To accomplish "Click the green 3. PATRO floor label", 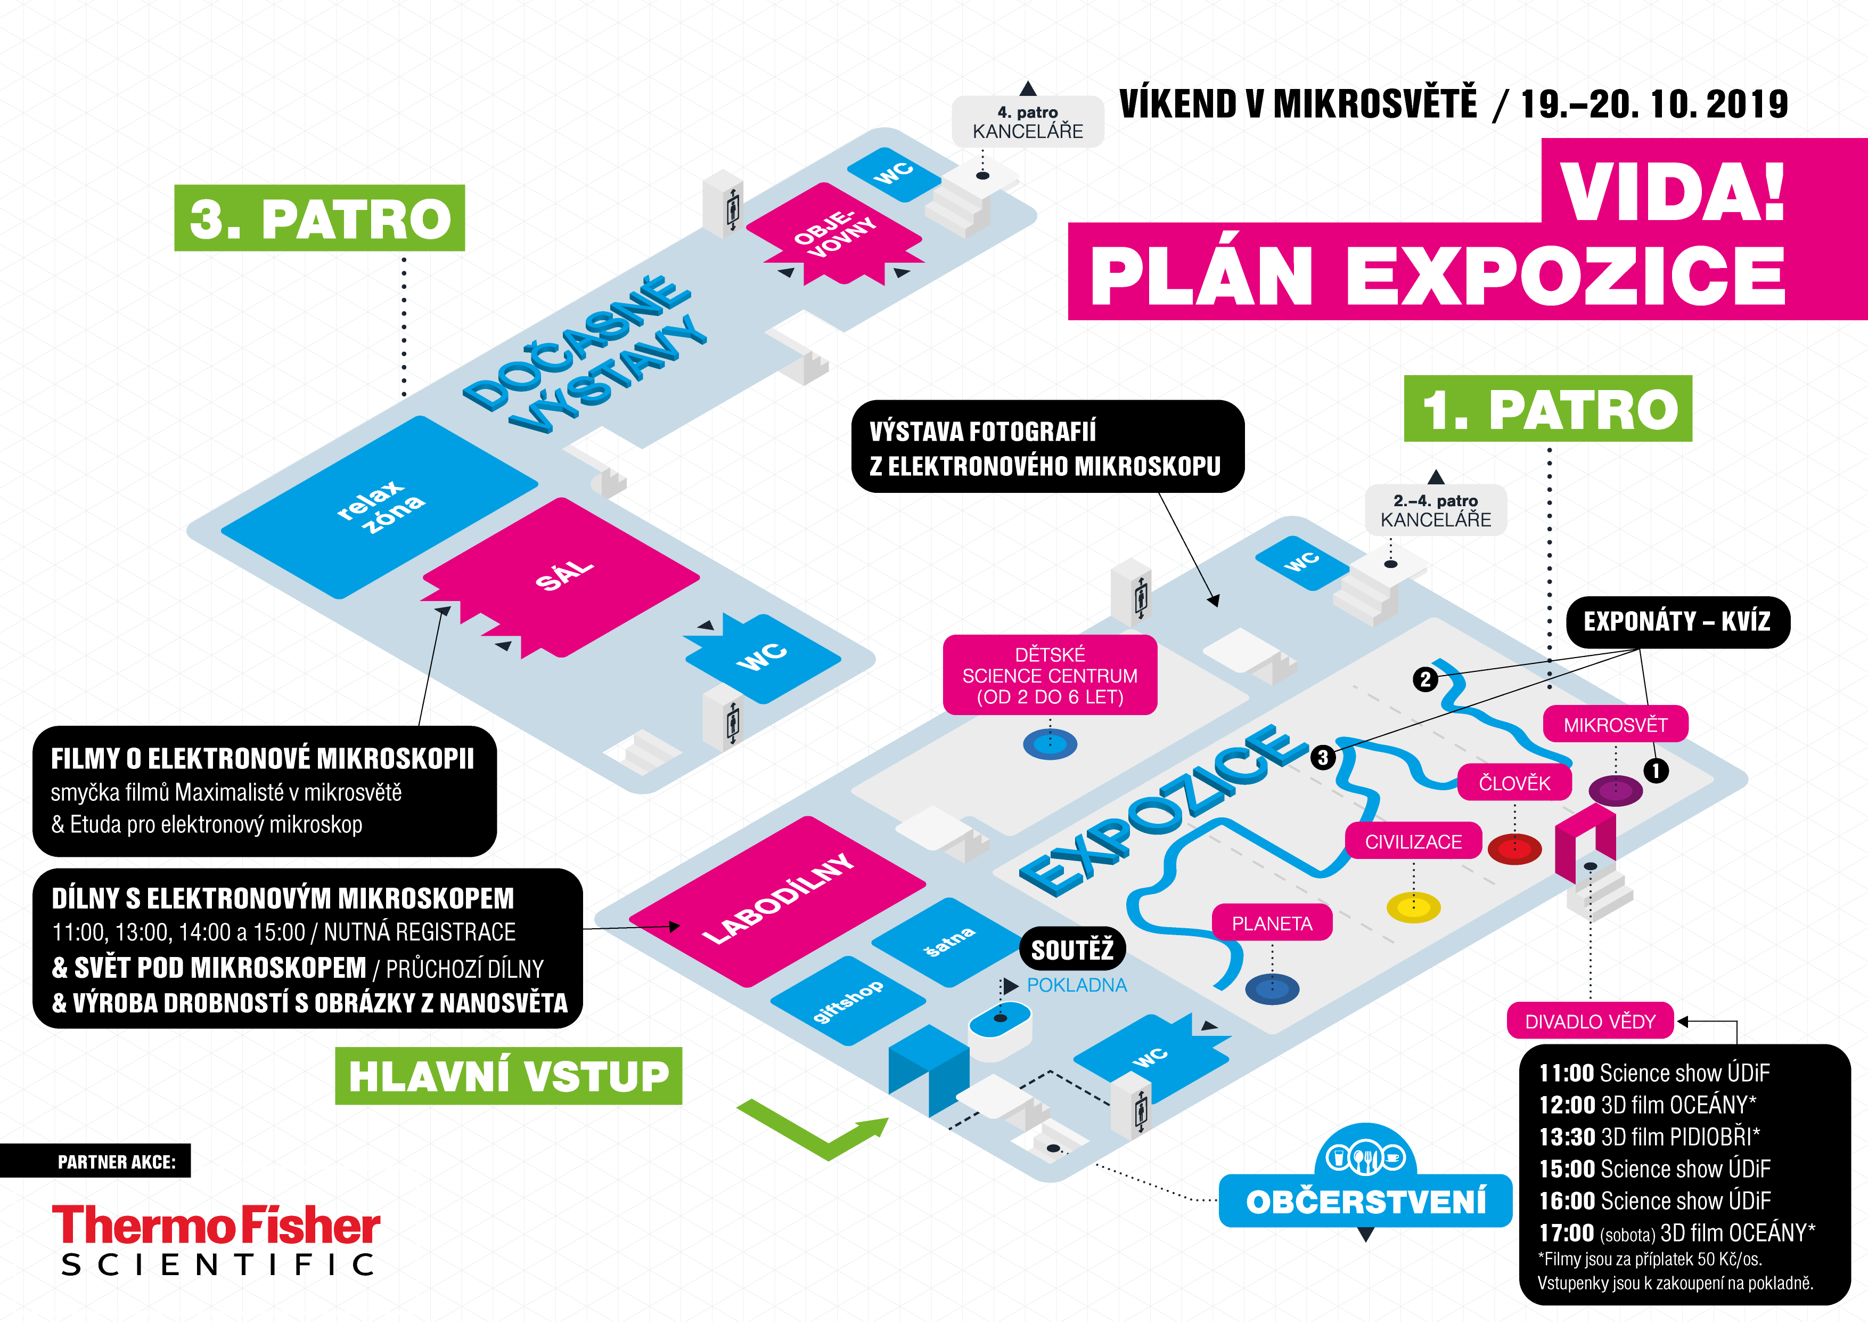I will (x=319, y=218).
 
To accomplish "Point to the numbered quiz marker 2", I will (x=1424, y=679).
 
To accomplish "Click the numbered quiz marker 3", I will (x=1323, y=757).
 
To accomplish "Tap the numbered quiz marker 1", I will (x=1656, y=770).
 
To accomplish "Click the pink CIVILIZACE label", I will (x=1413, y=842).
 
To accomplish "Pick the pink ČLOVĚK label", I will (x=1514, y=783).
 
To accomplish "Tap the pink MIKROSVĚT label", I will (x=1615, y=725).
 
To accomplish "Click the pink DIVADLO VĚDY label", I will (x=1590, y=1021).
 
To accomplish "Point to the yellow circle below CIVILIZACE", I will (x=1413, y=907).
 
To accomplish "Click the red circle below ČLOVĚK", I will (x=1514, y=849).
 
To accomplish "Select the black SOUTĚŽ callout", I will (x=1072, y=949).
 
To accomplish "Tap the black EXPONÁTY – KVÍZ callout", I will (x=1677, y=622).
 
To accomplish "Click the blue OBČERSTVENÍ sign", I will (x=1365, y=1201).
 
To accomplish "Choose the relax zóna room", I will (x=379, y=507).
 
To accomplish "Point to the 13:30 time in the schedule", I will (x=1566, y=1137).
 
